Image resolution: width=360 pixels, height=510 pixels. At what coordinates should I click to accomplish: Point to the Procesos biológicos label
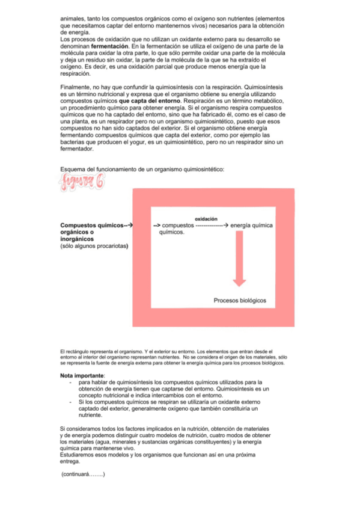pos(240,301)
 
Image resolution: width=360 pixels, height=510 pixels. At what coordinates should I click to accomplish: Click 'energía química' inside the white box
pos(251,226)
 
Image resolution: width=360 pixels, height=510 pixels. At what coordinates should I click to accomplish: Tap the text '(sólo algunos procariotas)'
pos(96,245)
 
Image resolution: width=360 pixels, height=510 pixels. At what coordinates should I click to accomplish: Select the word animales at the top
pos(75,19)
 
